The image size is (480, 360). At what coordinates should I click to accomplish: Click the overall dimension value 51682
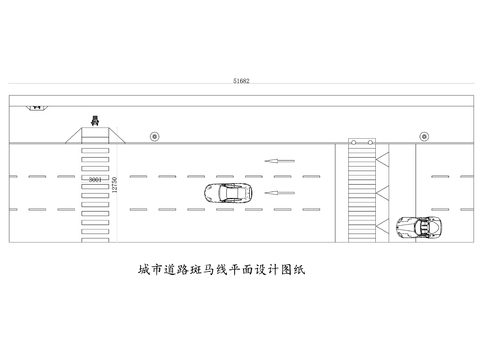(x=241, y=78)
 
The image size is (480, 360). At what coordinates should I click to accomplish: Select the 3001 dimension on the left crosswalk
(x=94, y=180)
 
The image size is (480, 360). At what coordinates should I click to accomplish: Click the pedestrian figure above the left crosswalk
(x=94, y=121)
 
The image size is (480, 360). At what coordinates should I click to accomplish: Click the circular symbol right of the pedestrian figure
(x=154, y=135)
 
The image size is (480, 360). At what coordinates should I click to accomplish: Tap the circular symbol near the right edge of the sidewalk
(x=423, y=135)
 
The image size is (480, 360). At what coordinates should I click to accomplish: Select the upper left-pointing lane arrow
(x=279, y=159)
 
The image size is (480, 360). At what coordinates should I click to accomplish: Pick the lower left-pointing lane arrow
(x=279, y=191)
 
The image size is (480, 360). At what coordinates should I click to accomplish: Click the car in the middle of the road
(x=227, y=193)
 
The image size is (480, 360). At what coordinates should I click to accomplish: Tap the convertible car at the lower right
(x=419, y=226)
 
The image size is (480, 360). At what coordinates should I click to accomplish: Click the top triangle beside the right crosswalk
(x=382, y=158)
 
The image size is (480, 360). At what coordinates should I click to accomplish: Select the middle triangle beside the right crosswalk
(x=382, y=191)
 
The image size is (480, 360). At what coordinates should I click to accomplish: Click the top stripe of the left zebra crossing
(x=94, y=148)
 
